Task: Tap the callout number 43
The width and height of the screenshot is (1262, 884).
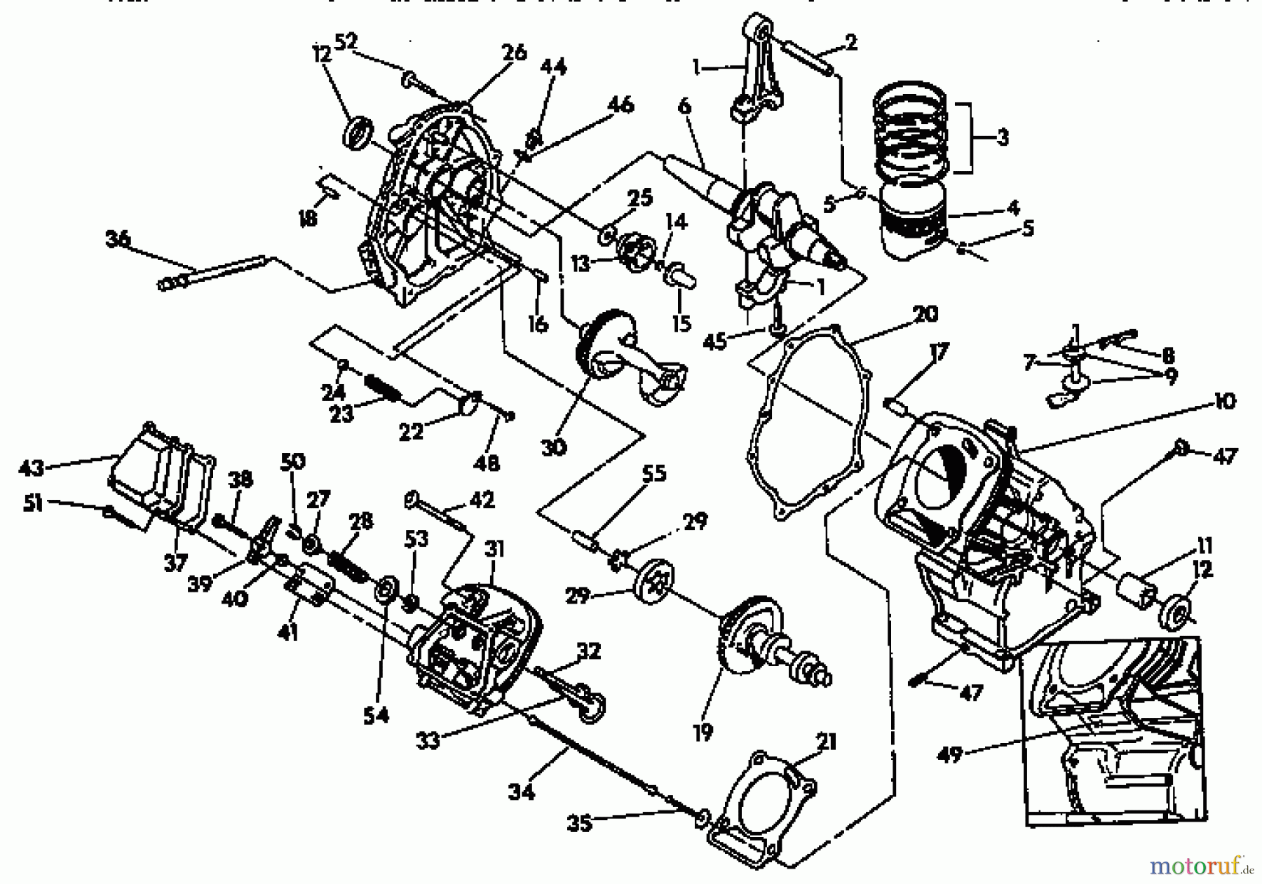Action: [x=31, y=467]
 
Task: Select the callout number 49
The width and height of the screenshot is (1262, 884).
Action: [x=949, y=756]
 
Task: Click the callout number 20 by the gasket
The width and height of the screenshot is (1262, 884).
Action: [x=925, y=314]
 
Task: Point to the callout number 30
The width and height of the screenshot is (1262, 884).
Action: [x=554, y=447]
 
